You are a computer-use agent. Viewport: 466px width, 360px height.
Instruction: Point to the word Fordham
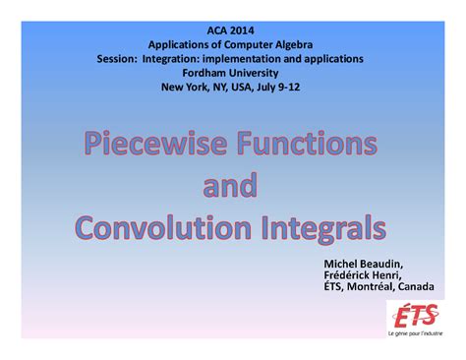click(x=197, y=72)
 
